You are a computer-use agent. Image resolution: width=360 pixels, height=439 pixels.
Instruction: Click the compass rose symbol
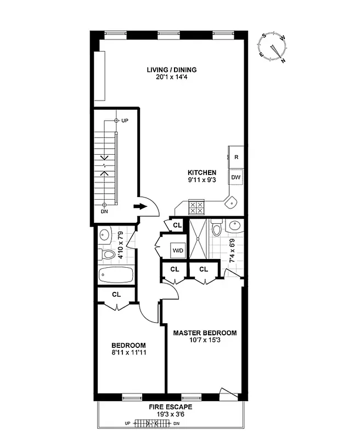(273, 47)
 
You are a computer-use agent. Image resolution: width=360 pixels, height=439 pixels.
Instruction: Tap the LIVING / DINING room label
(171, 70)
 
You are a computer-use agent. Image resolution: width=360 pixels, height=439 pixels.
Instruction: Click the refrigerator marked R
(236, 157)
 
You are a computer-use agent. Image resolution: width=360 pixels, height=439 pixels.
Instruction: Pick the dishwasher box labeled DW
(236, 178)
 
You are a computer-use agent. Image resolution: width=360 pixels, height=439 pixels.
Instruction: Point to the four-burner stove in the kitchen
(196, 208)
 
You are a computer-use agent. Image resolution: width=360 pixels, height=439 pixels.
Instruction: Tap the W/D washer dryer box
(178, 251)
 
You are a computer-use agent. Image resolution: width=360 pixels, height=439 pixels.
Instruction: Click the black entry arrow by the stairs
(140, 207)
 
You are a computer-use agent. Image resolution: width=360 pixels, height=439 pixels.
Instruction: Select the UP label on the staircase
(125, 120)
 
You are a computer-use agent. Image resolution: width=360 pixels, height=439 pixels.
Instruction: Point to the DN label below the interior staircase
(104, 211)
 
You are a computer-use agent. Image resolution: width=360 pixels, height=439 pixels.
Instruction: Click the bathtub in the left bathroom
(116, 274)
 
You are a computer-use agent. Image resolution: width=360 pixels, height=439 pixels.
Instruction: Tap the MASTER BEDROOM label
(205, 333)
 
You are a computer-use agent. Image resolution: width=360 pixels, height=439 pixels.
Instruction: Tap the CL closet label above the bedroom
(116, 295)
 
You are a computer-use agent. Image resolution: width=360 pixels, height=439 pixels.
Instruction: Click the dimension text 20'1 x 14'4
(171, 78)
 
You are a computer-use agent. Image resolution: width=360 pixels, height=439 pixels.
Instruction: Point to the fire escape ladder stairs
(150, 424)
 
